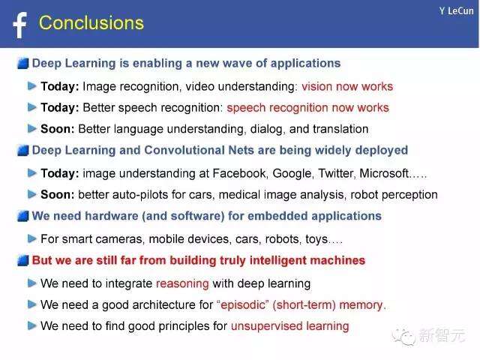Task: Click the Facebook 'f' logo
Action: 20,25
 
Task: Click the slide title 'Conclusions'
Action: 91,23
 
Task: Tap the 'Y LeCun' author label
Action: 456,11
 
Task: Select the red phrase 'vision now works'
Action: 347,86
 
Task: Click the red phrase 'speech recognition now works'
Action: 308,108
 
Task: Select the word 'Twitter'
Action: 337,173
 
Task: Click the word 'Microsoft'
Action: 384,173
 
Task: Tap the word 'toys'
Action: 316,239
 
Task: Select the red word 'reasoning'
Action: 182,283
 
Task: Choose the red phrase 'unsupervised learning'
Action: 290,326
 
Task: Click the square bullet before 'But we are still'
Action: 23,260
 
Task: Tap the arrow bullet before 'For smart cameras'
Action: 31,238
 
